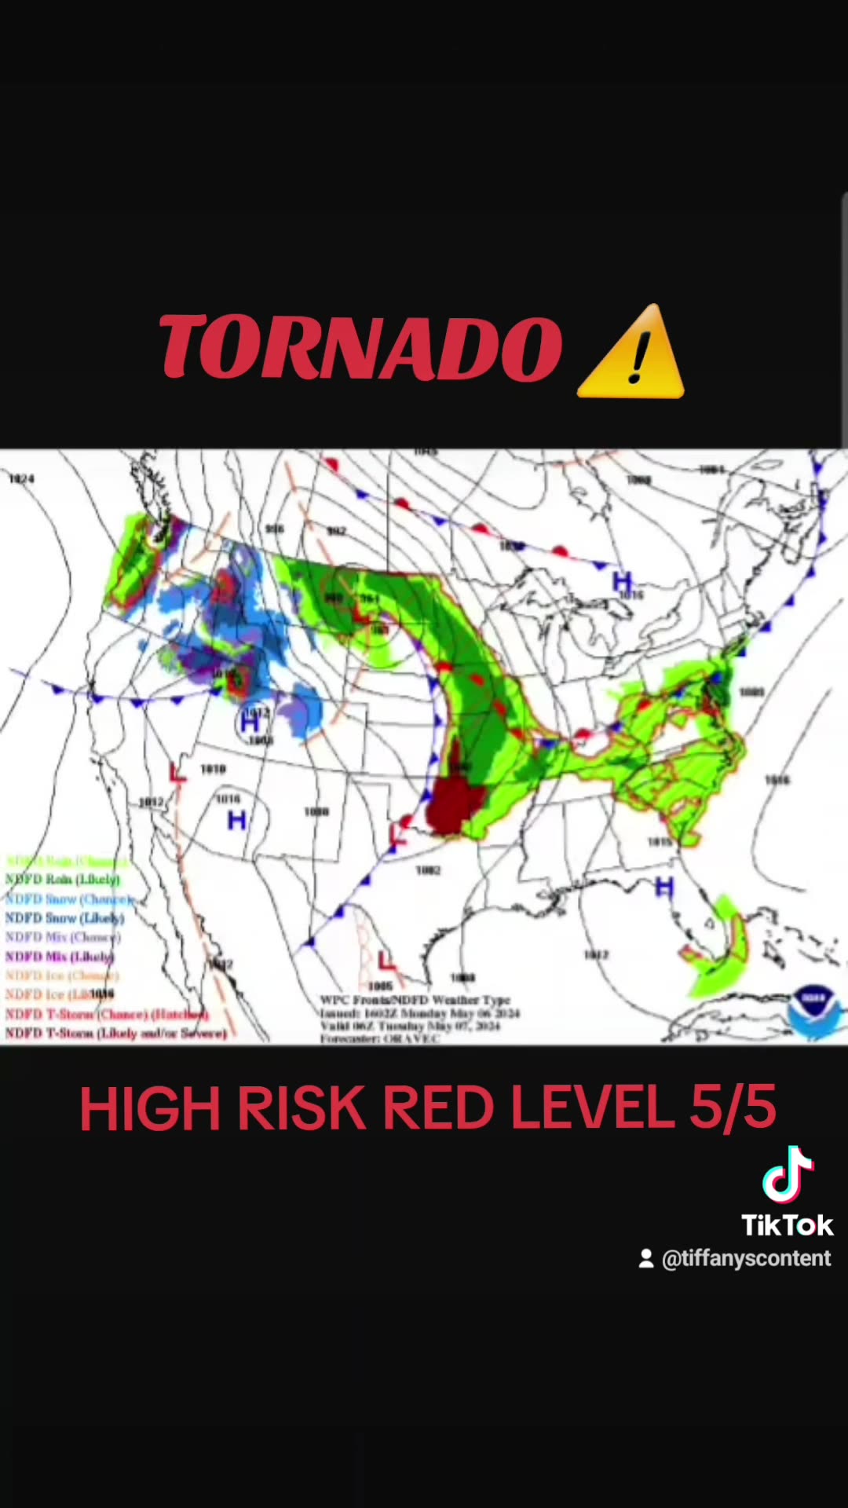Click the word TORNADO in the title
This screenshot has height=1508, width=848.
pos(360,348)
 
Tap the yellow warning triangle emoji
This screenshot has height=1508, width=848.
pos(632,353)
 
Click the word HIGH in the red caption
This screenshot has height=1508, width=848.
pos(149,1108)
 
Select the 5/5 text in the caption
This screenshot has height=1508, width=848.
pos(733,1107)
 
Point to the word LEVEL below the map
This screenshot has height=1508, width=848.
pos(592,1107)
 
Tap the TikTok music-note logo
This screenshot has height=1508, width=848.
pos(788,1175)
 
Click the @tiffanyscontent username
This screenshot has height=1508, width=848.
pos(745,1258)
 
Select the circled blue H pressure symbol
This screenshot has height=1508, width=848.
pos(250,721)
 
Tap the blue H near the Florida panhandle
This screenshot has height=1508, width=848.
pos(664,888)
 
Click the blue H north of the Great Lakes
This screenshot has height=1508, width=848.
pos(622,582)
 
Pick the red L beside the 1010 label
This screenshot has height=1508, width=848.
pos(178,772)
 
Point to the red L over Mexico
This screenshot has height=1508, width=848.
pos(386,960)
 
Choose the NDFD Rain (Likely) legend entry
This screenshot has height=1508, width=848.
pos(63,880)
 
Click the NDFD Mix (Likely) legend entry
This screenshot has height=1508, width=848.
pos(60,957)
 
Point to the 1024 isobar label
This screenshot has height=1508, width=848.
pos(21,478)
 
